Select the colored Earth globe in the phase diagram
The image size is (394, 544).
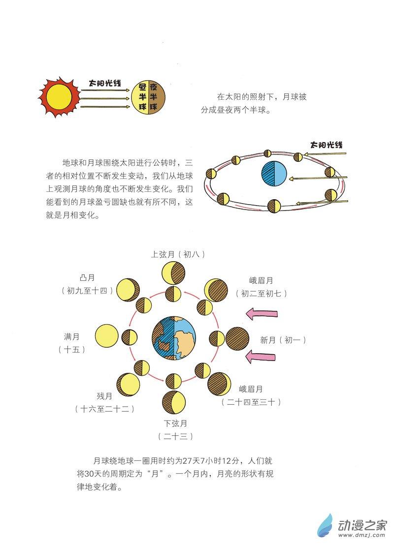click(174, 339)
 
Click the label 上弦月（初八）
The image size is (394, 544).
click(177, 254)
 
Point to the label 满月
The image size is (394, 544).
click(71, 337)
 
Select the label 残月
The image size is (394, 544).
click(104, 395)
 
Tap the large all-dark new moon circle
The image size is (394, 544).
click(238, 339)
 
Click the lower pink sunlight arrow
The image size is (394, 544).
click(263, 357)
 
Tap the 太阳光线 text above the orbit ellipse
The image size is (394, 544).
click(326, 145)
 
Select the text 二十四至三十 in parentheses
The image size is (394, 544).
click(252, 402)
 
